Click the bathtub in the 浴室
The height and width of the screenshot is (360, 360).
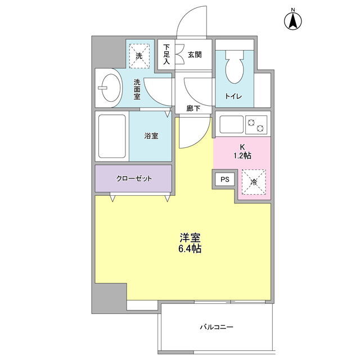coord(112,136)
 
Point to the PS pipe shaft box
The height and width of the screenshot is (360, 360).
coord(225,179)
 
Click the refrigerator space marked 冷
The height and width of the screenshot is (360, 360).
coord(254,182)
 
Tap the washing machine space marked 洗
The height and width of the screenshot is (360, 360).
coord(139,56)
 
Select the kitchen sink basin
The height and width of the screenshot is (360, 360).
coord(231,124)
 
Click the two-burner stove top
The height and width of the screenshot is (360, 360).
coord(256,125)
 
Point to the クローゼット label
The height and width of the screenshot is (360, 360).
coord(134,178)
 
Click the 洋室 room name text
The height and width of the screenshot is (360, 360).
coord(190,237)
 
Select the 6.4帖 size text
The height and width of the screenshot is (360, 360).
coord(190,248)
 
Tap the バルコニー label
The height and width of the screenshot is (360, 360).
coord(217,326)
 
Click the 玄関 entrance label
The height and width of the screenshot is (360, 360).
coord(195,55)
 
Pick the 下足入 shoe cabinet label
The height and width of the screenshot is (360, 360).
coord(166,54)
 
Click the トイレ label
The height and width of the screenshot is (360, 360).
coord(233,96)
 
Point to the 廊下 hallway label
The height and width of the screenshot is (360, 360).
coord(193,109)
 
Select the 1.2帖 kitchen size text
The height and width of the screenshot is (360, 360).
coord(242,156)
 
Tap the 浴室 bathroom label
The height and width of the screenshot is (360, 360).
coord(151,136)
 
